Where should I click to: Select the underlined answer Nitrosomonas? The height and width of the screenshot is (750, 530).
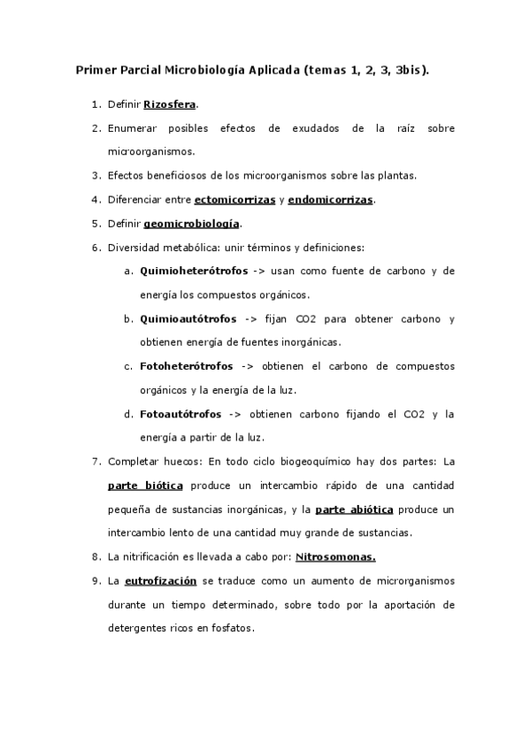point(335,557)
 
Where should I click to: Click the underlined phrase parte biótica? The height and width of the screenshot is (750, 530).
point(145,486)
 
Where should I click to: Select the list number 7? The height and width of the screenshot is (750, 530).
point(96,462)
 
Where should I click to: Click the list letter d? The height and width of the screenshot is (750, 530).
point(129,414)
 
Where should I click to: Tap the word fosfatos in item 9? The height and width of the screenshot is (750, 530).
point(231,629)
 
